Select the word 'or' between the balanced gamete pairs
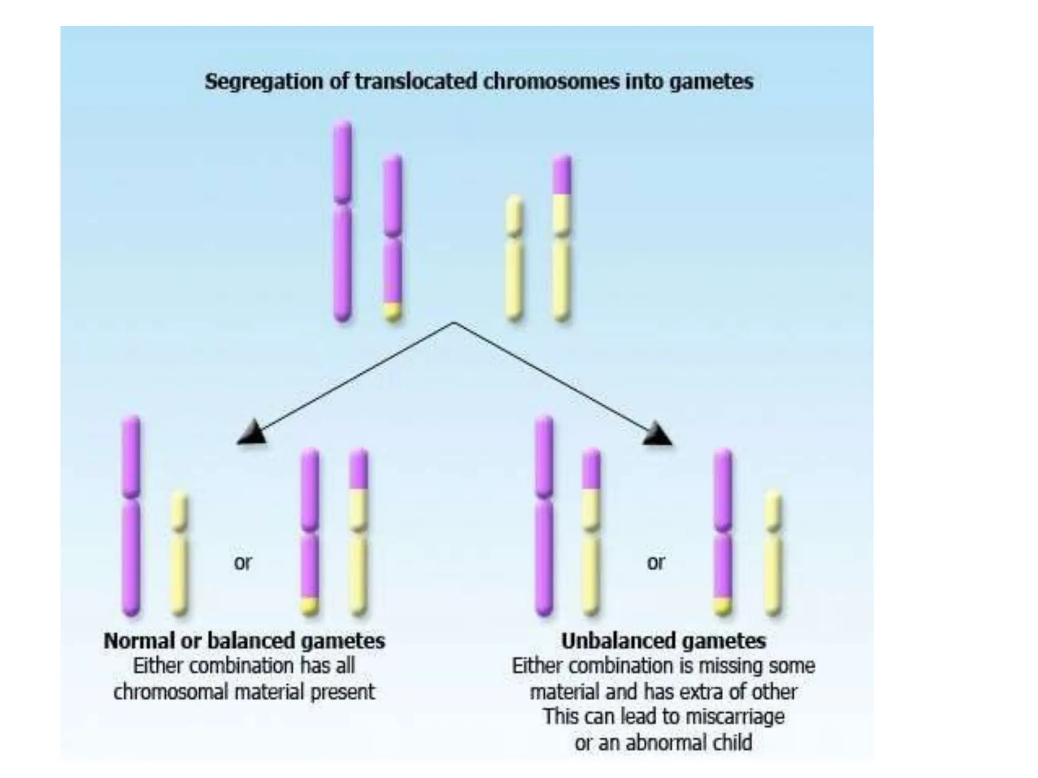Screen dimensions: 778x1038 242,562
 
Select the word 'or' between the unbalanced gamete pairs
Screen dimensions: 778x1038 655,562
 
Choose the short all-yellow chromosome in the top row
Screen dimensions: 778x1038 514,258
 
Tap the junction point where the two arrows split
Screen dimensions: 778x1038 454,323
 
